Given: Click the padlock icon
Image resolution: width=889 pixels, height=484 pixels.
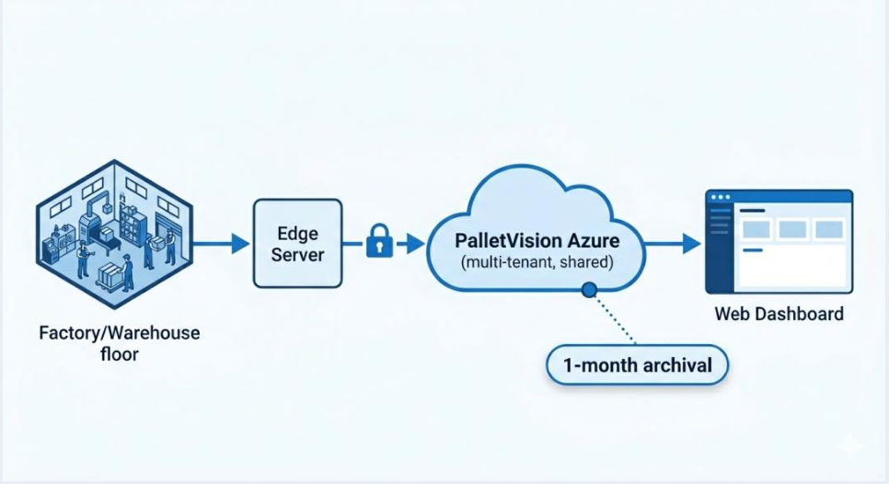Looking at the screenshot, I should [379, 242].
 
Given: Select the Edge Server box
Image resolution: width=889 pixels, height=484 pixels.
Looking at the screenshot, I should [297, 243].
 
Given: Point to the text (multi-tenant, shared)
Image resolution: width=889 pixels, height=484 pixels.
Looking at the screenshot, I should [537, 263].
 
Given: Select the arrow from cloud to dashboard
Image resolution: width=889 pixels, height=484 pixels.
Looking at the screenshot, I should [672, 243].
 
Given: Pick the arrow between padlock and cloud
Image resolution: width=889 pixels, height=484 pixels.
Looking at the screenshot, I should [412, 243].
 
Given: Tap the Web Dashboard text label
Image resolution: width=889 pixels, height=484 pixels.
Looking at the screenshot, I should [779, 315].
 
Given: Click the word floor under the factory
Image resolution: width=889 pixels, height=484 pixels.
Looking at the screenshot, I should [119, 353].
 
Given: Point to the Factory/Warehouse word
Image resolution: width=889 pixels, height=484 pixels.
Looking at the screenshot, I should [119, 332].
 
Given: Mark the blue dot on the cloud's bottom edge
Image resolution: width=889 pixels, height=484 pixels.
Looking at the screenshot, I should [588, 291].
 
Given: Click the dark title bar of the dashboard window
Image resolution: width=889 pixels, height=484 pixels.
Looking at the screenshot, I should [779, 196].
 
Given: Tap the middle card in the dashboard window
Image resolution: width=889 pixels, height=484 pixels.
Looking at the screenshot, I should [791, 229].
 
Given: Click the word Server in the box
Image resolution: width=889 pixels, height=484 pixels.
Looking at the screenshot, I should [297, 255].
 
